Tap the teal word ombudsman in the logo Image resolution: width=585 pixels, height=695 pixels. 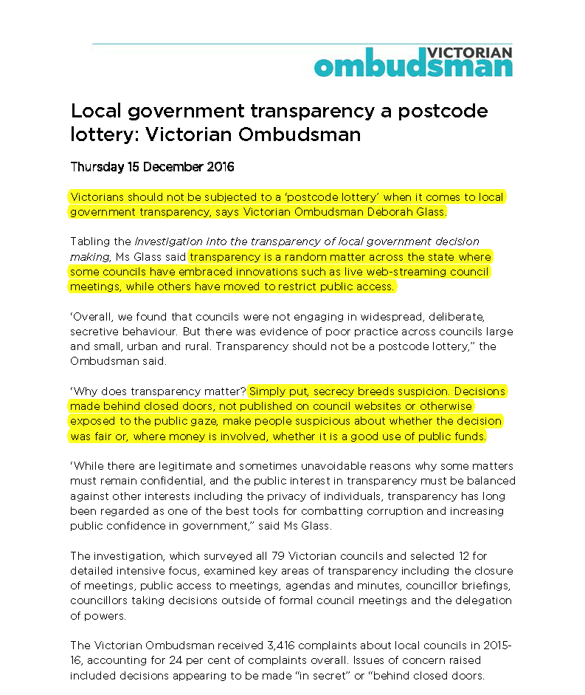click(412, 67)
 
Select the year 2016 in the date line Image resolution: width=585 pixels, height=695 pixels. click(219, 167)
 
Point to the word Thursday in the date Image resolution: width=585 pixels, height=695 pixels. click(97, 167)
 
